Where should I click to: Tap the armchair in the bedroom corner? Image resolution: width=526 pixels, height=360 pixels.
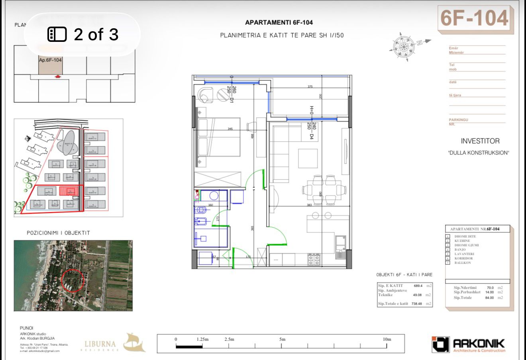pos(205,95)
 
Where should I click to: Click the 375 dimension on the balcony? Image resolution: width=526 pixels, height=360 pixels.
pos(310,87)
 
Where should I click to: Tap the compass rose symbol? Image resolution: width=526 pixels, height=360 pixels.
pos(403,47)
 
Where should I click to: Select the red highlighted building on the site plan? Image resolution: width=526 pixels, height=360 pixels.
pos(67,191)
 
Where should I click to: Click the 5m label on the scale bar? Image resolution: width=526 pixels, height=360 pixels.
pos(282,339)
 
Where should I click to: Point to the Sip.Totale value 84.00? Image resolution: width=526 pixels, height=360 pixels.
pos(489,298)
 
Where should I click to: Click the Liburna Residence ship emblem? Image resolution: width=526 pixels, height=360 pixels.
pos(134,343)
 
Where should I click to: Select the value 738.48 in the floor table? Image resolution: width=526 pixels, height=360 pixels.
pos(416,304)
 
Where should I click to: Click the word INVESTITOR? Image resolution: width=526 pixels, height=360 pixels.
pos(480,141)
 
